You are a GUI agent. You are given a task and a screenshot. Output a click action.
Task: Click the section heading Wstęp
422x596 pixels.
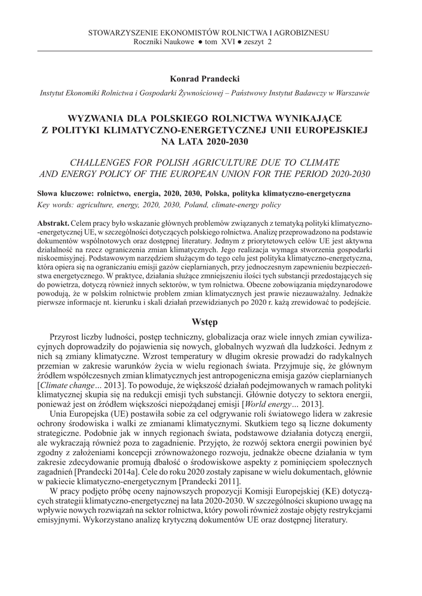204,322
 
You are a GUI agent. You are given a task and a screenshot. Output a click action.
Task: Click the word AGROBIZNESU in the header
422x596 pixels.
301,33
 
